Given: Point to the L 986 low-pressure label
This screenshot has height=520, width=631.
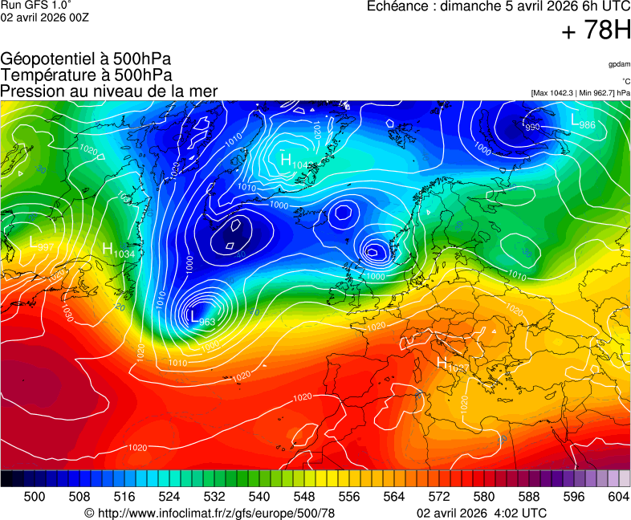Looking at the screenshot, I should point(582,122).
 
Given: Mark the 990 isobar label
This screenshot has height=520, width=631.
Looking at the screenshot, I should point(532,127).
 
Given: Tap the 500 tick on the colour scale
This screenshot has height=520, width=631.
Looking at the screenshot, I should point(35,497).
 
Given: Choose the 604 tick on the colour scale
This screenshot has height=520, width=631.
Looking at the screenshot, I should point(617,497).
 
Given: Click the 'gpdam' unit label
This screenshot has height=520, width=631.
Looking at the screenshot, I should point(619,64).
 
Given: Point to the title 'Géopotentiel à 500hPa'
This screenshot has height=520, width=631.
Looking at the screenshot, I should point(86,59).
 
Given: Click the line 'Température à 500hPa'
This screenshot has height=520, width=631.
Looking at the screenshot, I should point(86,75).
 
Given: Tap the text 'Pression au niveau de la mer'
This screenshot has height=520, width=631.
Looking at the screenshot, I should point(108,91).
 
